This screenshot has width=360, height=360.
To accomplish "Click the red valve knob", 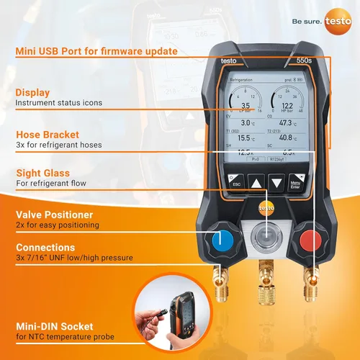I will (x=308, y=238).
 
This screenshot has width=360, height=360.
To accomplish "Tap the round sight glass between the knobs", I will (x=266, y=237).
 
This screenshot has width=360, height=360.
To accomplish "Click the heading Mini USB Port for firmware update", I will (x=96, y=51).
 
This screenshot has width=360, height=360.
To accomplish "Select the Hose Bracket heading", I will (x=48, y=134).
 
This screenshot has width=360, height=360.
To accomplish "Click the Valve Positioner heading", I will (x=55, y=215).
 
